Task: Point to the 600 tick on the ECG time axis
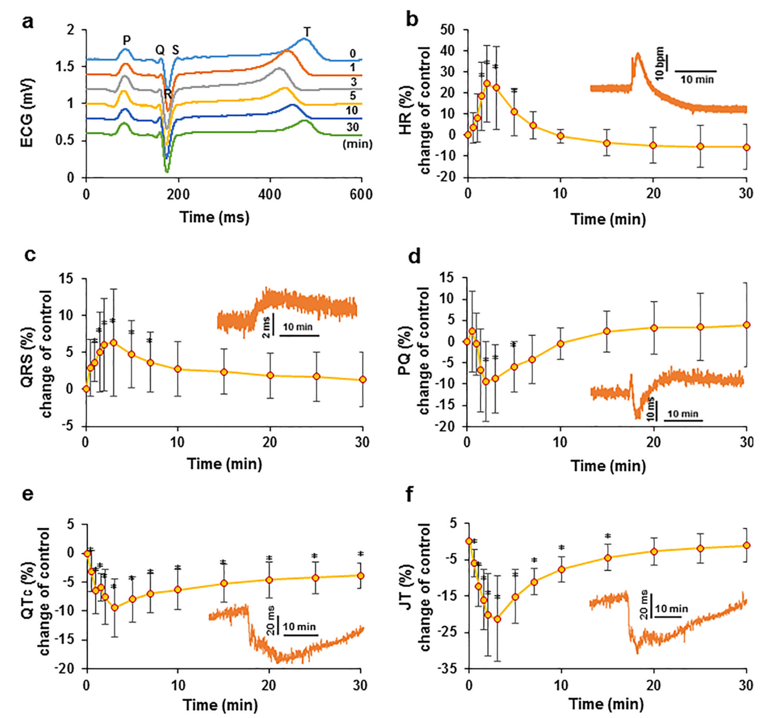tap(361, 194)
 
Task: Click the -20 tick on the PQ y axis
tap(447, 426)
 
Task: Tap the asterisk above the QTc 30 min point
tap(361, 554)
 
